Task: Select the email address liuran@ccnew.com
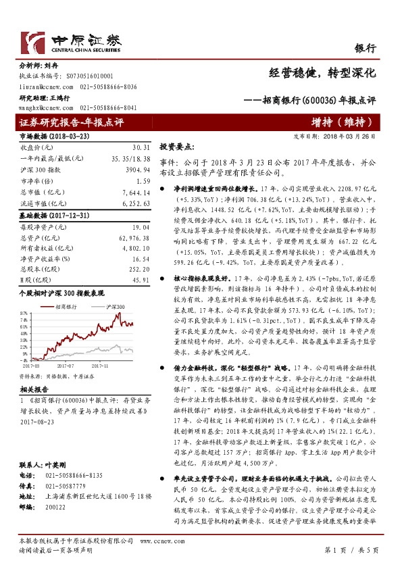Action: point(41,86)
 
